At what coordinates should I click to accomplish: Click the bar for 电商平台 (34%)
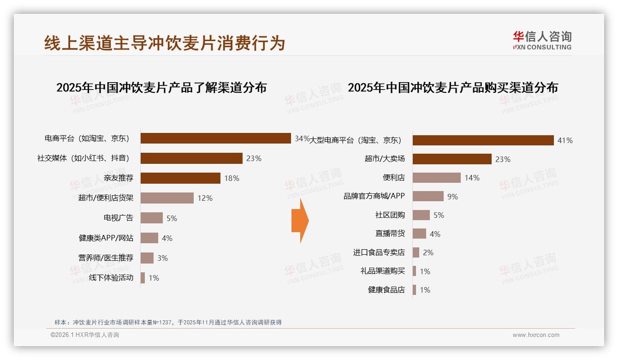point(215,138)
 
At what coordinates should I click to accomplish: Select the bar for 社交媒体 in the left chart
point(191,158)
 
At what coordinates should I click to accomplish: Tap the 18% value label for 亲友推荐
point(232,178)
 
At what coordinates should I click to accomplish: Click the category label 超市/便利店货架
point(106,198)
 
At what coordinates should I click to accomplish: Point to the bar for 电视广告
point(152,218)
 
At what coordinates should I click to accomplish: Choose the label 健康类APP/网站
point(106,238)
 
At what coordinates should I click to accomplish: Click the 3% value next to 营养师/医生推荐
point(162,258)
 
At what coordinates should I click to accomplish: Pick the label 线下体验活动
point(111,278)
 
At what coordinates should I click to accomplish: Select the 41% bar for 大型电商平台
point(483,140)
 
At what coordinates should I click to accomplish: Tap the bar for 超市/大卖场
point(452,159)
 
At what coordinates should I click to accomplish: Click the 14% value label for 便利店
point(472,178)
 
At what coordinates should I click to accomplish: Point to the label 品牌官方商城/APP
point(374,196)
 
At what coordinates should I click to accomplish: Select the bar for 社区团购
point(421,215)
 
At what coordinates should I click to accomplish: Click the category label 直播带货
point(390,234)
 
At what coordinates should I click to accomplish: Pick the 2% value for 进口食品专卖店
point(428,252)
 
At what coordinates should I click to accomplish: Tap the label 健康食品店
point(386,290)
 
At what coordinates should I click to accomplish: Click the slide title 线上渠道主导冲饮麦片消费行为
point(165,43)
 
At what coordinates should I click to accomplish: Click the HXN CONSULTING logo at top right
point(542,41)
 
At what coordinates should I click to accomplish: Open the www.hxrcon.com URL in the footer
point(536,335)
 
